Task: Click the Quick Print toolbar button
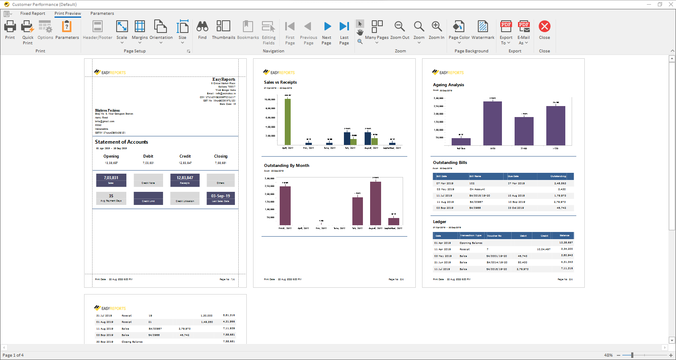click(27, 32)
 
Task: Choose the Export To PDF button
click(506, 32)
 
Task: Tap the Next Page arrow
click(327, 32)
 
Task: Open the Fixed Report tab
click(33, 14)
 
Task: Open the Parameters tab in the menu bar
click(102, 14)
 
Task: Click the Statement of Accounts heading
click(121, 142)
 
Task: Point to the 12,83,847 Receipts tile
click(185, 180)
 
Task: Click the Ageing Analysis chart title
click(448, 85)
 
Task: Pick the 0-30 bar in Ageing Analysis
click(493, 123)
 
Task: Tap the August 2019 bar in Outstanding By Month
click(376, 203)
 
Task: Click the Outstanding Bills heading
click(450, 163)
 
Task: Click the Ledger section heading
click(439, 222)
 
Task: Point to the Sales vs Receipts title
click(280, 82)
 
